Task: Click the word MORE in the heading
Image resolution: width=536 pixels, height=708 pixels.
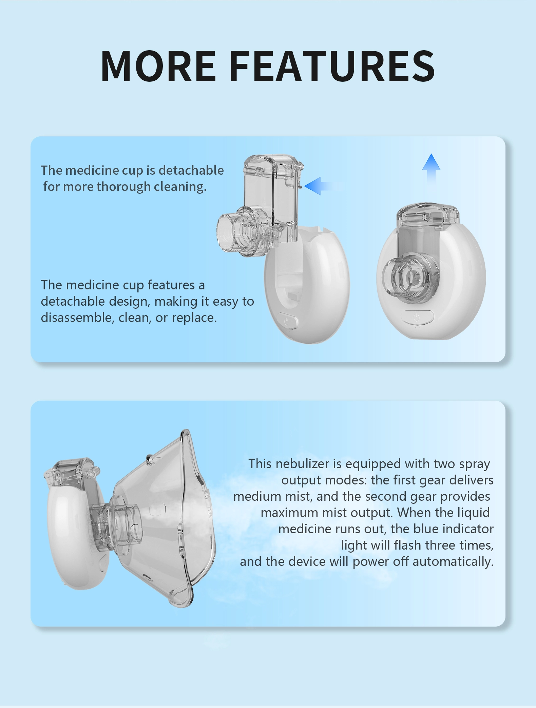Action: [x=158, y=66]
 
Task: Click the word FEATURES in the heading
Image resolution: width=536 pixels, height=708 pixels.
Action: [x=332, y=66]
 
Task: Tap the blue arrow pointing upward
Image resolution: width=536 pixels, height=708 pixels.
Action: [x=431, y=169]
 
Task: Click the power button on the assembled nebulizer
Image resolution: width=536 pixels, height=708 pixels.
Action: [x=417, y=318]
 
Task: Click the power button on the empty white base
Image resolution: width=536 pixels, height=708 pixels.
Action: [x=287, y=321]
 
